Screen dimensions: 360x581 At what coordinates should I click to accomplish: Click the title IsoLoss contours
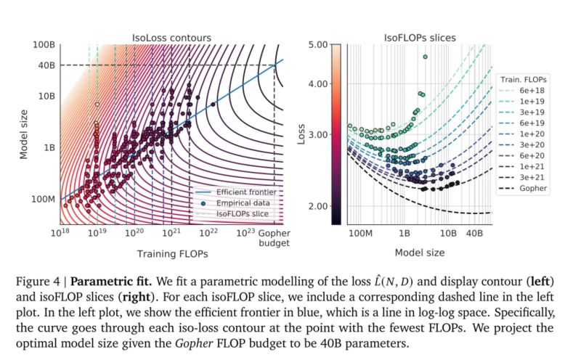coord(171,35)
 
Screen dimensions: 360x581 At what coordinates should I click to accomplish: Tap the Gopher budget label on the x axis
coord(274,238)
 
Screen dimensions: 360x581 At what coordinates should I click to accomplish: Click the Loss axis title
coord(301,134)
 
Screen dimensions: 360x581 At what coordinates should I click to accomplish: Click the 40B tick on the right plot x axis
coord(476,235)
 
